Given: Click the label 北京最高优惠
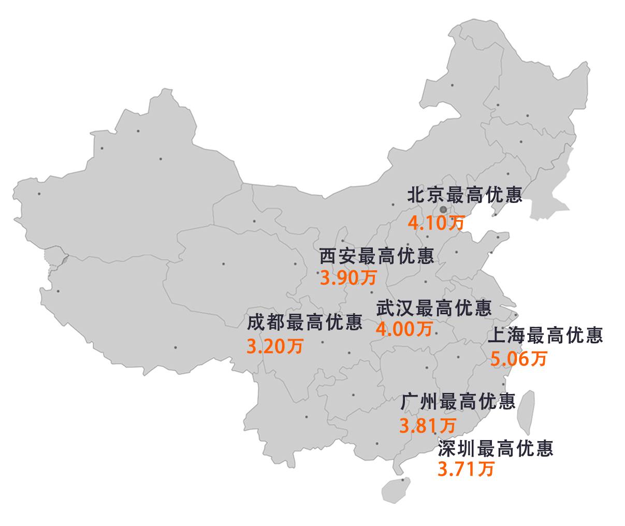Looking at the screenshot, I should pos(464,195).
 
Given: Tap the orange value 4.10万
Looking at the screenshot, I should pos(436,223).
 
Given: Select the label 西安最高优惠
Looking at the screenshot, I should pos(376,256).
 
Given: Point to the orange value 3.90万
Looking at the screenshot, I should pos(348,278).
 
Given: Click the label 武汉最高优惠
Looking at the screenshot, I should pos(434,308).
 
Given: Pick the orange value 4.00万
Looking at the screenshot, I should pos(404,329).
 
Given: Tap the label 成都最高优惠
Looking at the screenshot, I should pos(304,323).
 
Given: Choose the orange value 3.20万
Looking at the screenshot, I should pos(274,346).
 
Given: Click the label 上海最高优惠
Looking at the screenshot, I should pos(545,335).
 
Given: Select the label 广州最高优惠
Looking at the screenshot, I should pos(458,401).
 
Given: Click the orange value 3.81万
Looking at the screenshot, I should pos(428,426).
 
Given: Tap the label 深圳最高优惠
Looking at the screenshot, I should pos(496,448).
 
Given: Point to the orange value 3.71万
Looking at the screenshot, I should pos(466,469).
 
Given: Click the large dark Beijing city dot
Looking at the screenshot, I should pos(443,210).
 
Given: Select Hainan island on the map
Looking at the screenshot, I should pos(396,488).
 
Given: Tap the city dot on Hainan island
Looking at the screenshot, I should pos(403,480).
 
